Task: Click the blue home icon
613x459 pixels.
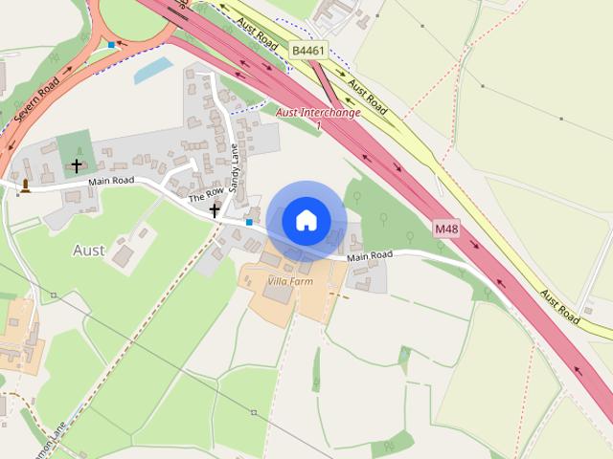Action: (x=306, y=219)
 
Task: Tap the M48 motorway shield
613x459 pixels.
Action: (x=446, y=229)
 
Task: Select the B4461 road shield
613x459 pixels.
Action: (x=308, y=50)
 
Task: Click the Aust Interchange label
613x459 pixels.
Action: (x=317, y=113)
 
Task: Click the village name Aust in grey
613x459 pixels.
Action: (x=89, y=250)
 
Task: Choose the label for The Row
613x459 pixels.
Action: (x=204, y=192)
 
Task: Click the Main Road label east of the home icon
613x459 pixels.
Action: (x=370, y=256)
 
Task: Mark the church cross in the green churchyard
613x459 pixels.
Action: (x=76, y=166)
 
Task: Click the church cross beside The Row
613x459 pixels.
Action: (x=215, y=209)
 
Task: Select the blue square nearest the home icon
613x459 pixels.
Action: (x=249, y=222)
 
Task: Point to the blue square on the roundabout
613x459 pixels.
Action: (x=112, y=45)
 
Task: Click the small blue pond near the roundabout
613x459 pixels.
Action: (x=153, y=71)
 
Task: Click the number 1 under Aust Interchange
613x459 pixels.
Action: (x=317, y=125)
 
